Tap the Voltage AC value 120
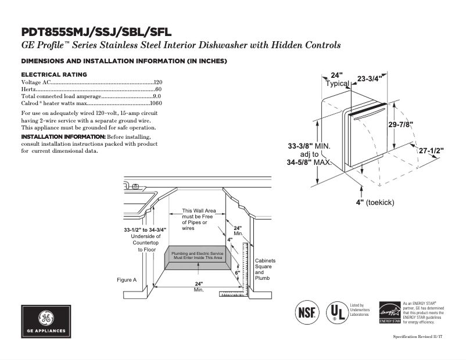[x=157, y=83]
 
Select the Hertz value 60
[x=159, y=89]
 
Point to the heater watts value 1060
[x=155, y=103]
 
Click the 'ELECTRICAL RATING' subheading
[x=54, y=74]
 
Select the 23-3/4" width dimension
[x=369, y=79]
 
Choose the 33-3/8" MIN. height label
[x=309, y=146]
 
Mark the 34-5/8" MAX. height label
[x=309, y=163]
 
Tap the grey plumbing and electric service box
[x=198, y=257]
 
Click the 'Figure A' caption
[x=127, y=280]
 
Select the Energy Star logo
[x=389, y=312]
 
